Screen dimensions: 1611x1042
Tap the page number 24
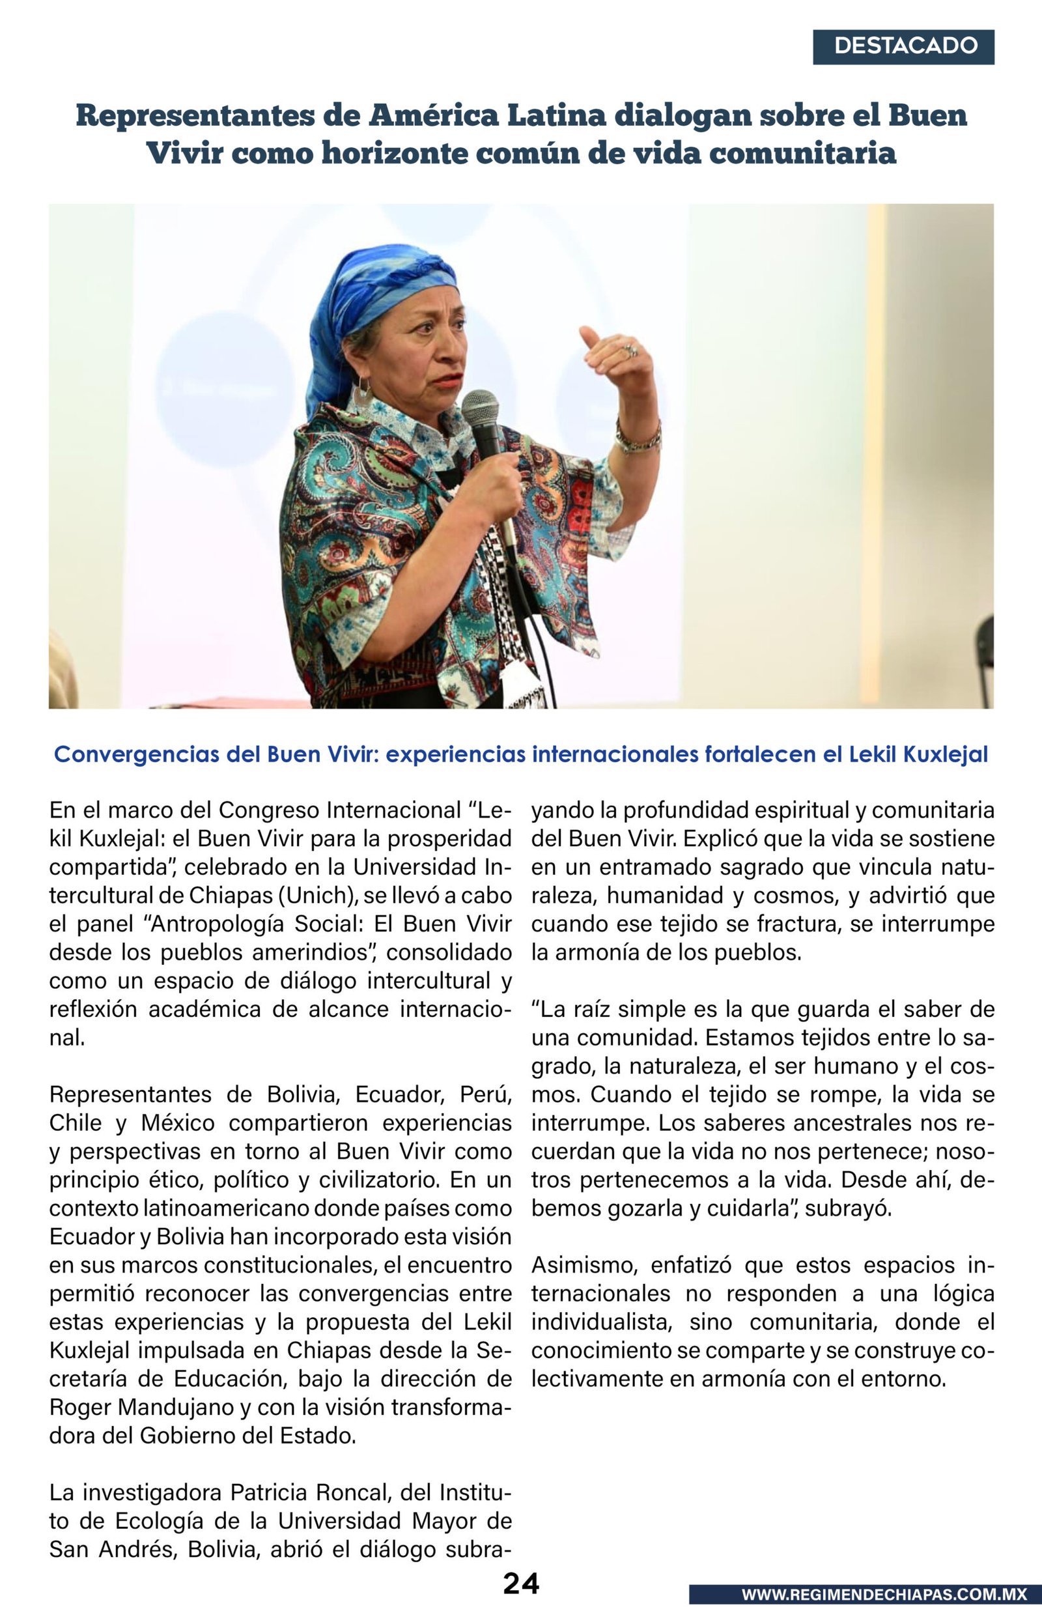[x=520, y=1583]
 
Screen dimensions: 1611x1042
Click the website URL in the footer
[x=883, y=1595]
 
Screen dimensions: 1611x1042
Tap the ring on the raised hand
[x=630, y=350]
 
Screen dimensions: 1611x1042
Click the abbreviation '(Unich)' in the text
[x=317, y=895]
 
